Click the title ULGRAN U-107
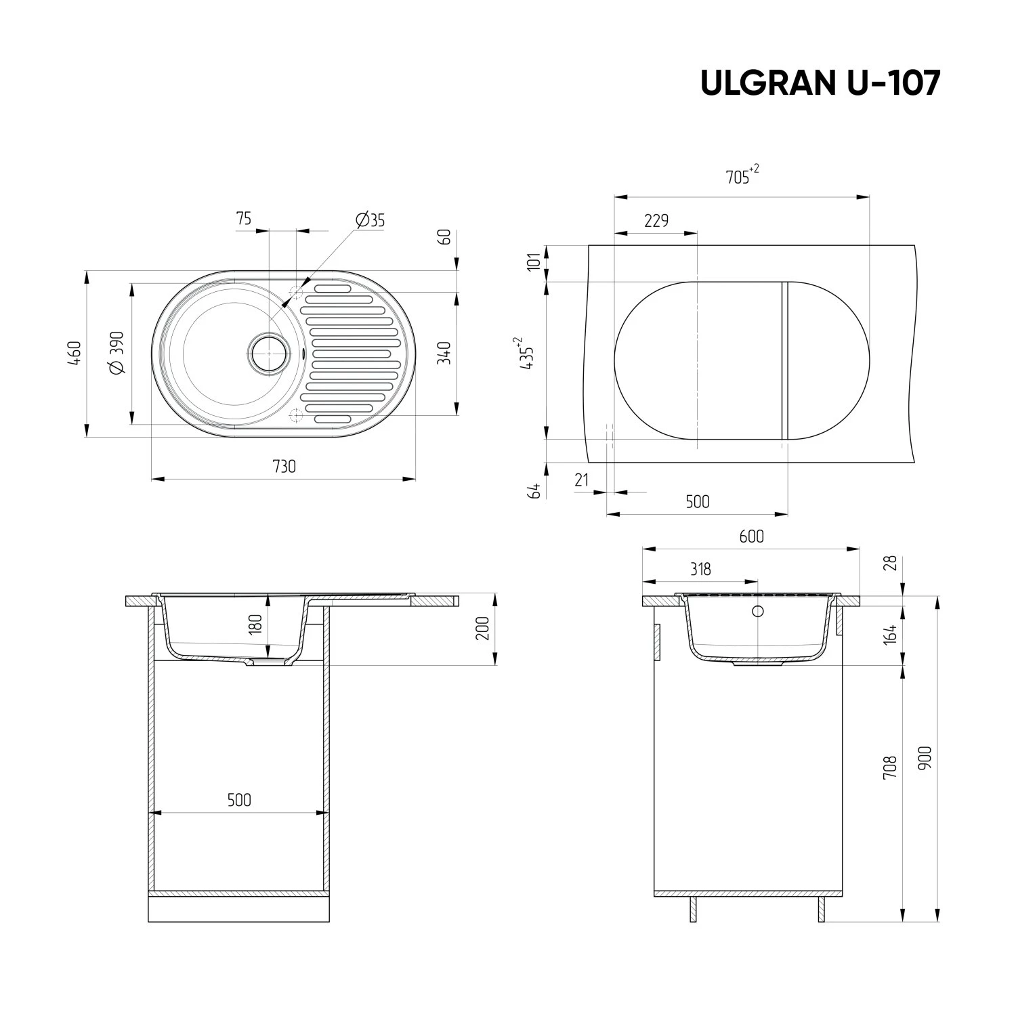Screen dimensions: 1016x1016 [x=820, y=83]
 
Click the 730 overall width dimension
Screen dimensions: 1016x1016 [x=284, y=467]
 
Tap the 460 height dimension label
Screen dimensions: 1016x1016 [x=75, y=354]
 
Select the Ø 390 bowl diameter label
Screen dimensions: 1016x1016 [x=116, y=353]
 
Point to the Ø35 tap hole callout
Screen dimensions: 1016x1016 [x=370, y=220]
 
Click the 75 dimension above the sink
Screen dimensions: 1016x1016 [x=244, y=218]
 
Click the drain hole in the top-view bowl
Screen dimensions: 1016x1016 [x=268, y=353]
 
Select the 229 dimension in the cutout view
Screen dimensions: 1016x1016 [x=656, y=221]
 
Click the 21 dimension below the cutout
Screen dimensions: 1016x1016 [x=581, y=480]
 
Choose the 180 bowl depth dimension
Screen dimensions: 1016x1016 [x=255, y=624]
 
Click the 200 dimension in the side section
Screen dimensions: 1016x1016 [x=483, y=631]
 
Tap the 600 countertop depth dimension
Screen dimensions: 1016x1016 [x=751, y=536]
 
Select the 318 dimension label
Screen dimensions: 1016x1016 [x=700, y=569]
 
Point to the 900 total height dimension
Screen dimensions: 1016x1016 [x=927, y=757]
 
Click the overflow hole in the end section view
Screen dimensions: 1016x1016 [x=758, y=612]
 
